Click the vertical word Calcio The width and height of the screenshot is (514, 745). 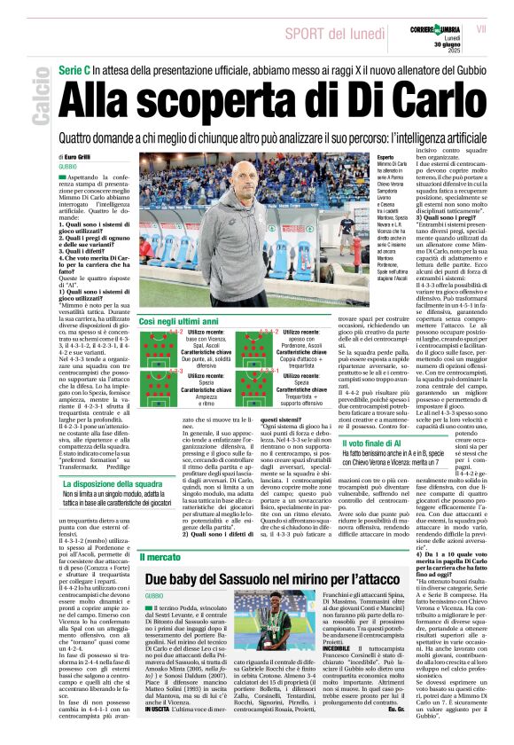(x=40, y=100)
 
